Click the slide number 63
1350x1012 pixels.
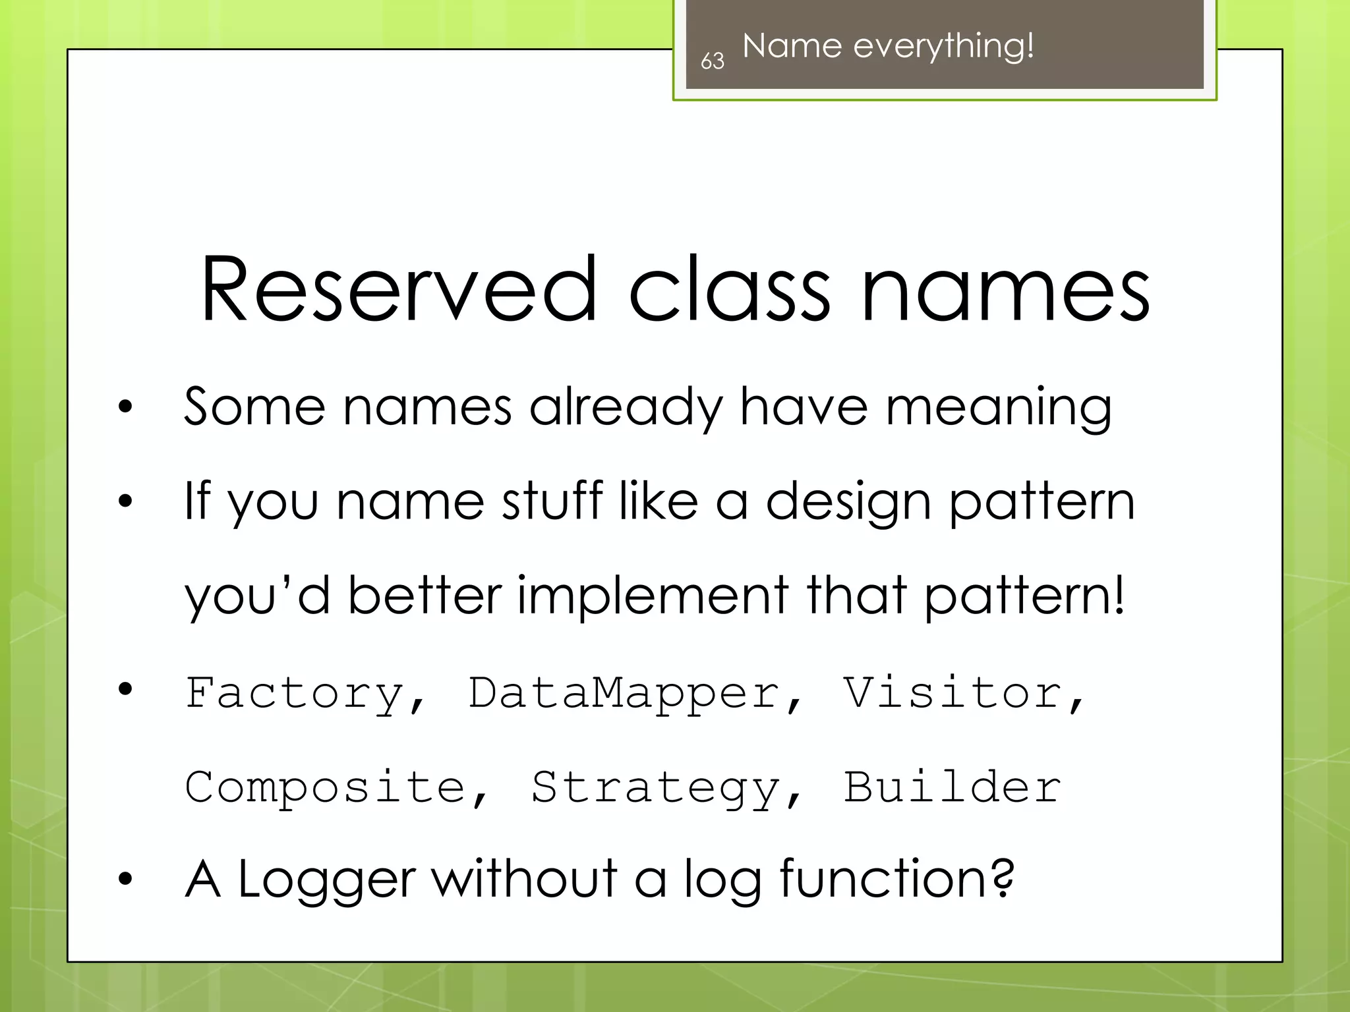[712, 61]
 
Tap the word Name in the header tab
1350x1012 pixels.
[792, 46]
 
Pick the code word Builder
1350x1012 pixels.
[952, 787]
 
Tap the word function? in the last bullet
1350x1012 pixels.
[896, 879]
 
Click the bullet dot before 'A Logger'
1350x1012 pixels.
[125, 879]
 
